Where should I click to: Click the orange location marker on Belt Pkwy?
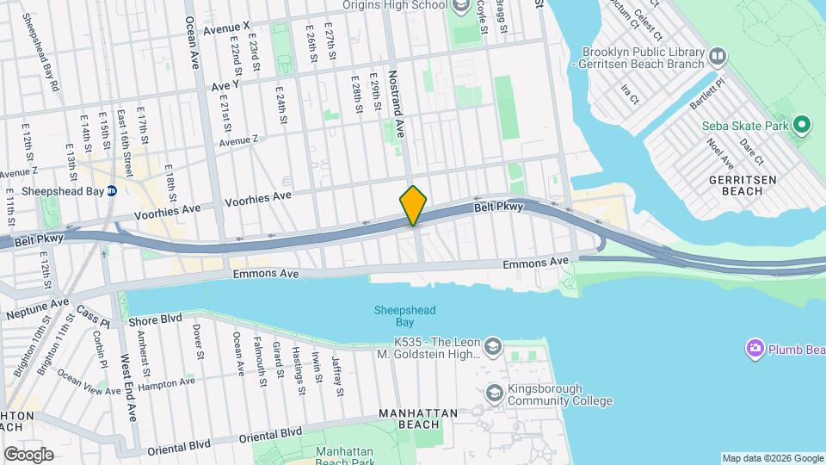(414, 205)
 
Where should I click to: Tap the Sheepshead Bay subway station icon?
(112, 191)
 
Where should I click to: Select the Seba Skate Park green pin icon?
(802, 127)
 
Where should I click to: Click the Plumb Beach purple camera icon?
(755, 348)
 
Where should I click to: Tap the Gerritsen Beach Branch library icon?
(718, 57)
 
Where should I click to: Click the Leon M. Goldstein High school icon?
(493, 347)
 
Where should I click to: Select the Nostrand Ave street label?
(398, 104)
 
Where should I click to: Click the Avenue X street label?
(226, 28)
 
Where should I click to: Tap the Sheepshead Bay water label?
(405, 316)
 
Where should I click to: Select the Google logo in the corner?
(28, 454)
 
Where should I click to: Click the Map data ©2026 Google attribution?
(772, 458)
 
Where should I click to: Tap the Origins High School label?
(395, 5)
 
